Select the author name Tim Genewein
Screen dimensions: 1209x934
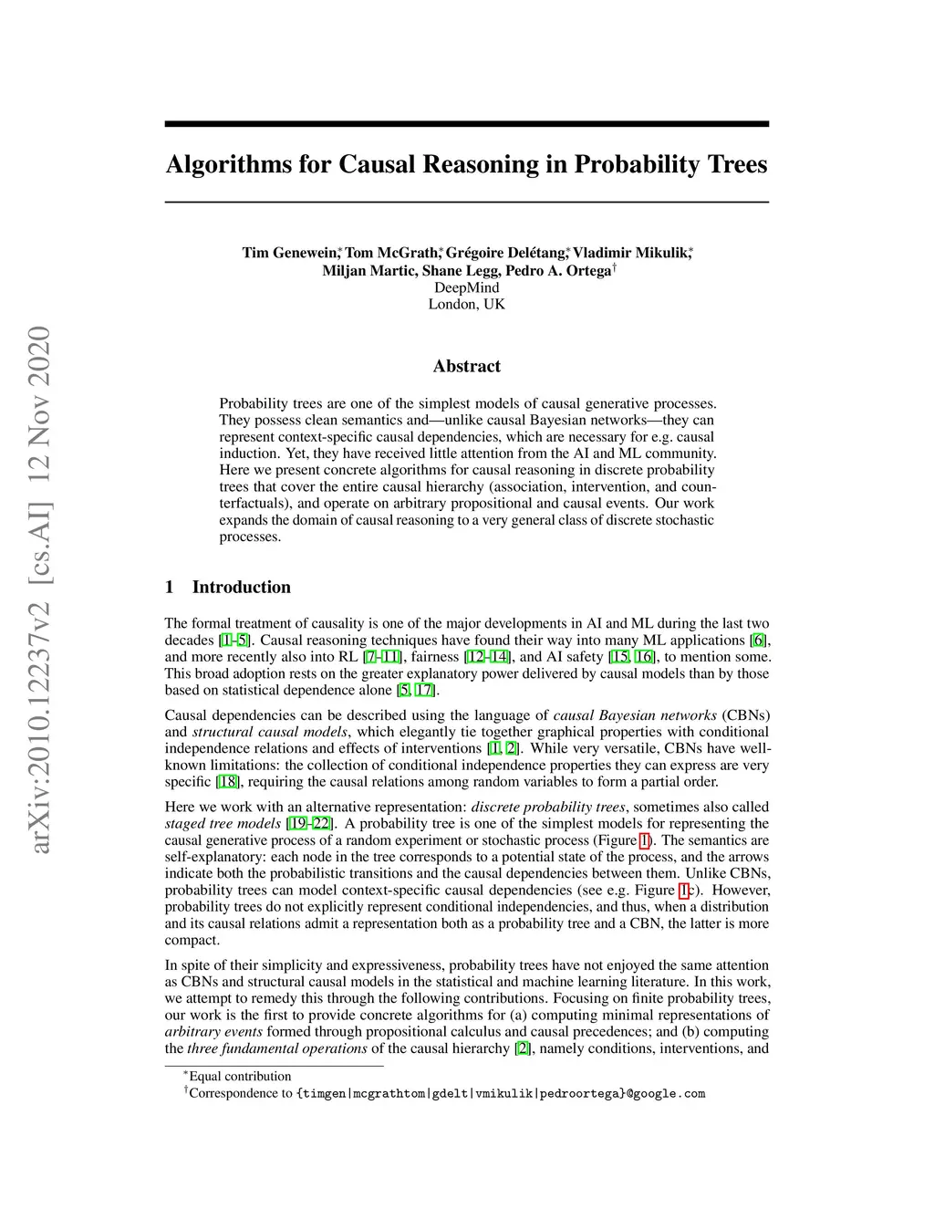290,253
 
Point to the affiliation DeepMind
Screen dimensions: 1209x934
466,287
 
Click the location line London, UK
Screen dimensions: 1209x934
466,304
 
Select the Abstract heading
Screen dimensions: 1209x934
466,367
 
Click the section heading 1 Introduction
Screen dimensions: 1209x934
228,588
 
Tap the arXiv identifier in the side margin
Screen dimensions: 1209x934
40,591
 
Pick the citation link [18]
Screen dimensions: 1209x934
227,782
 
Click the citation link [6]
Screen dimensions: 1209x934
757,641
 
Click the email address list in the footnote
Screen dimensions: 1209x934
501,1093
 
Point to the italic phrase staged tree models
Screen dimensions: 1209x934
222,824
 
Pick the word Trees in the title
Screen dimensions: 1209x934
737,165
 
